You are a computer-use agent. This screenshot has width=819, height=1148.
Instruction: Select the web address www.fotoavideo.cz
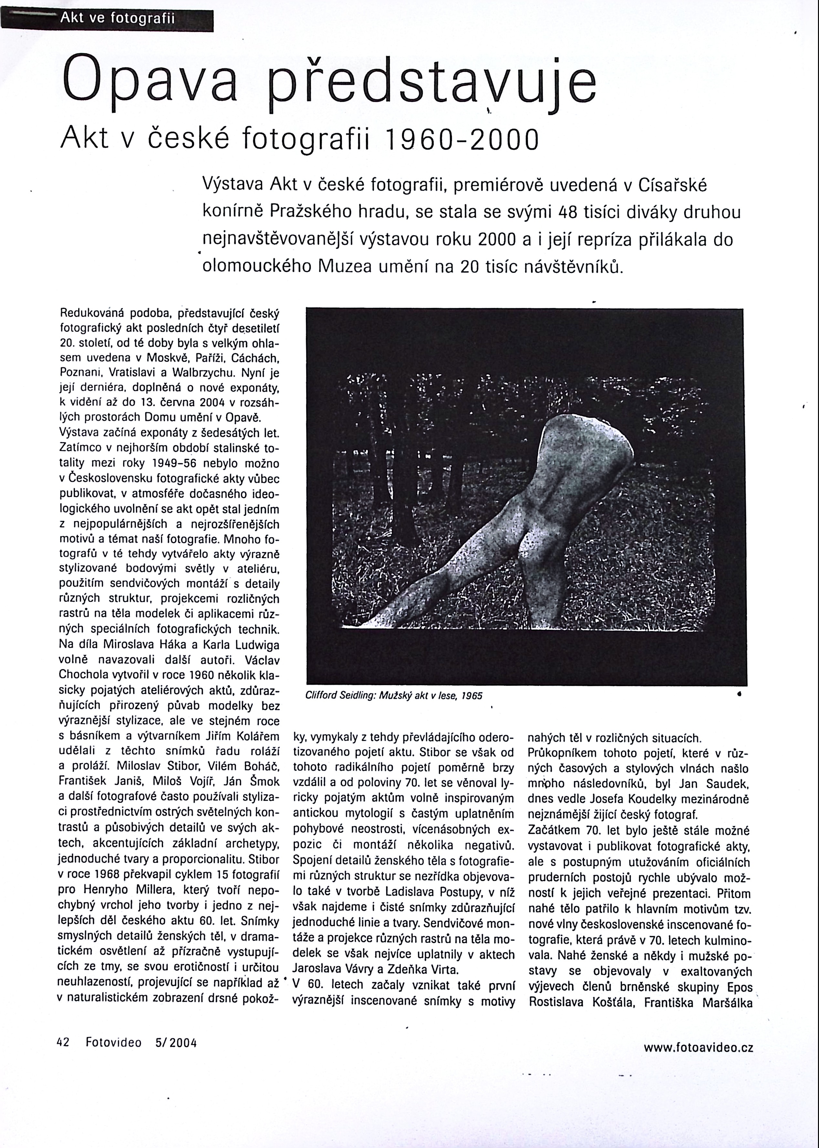[699, 1047]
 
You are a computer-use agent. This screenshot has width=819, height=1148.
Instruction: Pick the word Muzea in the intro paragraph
[349, 266]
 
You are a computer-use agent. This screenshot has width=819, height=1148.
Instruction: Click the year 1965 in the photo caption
[472, 696]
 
